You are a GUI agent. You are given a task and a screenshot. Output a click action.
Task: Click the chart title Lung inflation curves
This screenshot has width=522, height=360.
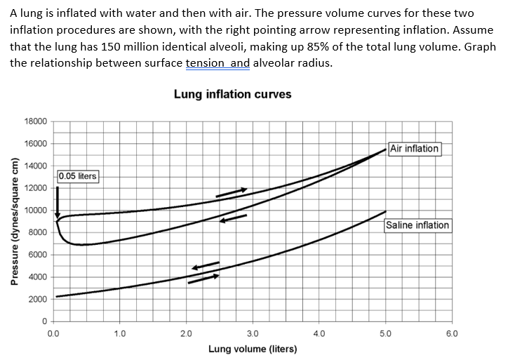point(232,94)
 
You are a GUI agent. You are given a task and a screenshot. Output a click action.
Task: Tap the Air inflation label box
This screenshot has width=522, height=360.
point(415,149)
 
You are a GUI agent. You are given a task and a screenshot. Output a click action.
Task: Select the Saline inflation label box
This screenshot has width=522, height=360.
point(417,225)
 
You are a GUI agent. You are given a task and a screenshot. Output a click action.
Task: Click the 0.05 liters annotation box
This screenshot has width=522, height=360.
point(78,175)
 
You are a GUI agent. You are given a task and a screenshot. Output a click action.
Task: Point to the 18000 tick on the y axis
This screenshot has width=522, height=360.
point(36,121)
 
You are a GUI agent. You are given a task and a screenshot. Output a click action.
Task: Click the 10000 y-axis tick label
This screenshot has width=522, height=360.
point(36,211)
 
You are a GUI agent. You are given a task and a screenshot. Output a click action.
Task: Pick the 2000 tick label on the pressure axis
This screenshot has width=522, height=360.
point(38,300)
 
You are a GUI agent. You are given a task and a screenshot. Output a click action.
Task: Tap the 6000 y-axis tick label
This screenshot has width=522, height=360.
point(38,255)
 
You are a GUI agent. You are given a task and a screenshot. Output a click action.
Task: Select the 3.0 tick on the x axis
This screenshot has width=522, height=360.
point(253,333)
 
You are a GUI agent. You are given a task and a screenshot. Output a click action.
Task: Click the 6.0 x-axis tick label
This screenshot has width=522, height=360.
point(451,333)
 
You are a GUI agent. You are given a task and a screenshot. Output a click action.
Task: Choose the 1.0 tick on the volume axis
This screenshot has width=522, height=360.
point(120,333)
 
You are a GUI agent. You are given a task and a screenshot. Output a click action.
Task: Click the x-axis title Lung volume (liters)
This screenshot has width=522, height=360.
point(253,349)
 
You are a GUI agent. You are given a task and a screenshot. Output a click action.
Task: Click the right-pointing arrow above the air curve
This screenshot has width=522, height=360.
point(231,192)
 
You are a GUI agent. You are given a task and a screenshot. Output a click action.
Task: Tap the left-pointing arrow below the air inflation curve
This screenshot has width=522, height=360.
point(233,218)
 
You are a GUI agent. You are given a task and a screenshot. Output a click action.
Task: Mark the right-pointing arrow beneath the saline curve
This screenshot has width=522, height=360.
point(203,279)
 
